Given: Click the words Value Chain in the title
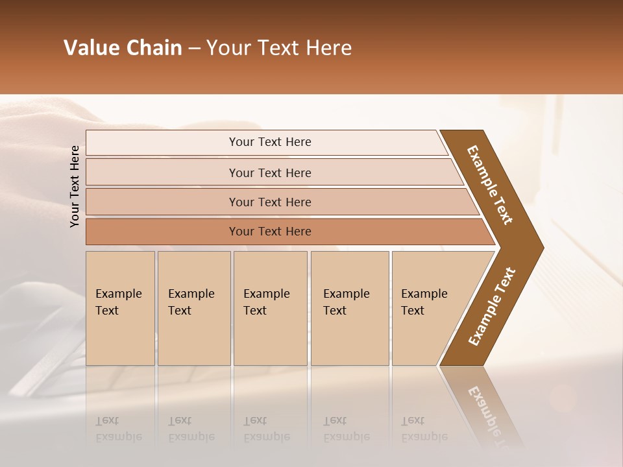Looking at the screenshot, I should click(123, 48).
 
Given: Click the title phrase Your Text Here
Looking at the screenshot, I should click(279, 48).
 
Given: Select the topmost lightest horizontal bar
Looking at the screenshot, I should click(162, 143).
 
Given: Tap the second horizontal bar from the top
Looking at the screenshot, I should click(162, 173).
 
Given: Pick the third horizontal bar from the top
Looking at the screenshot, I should click(162, 202).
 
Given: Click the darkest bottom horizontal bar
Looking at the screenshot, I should click(162, 232).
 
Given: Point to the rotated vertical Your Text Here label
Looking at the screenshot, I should click(75, 186).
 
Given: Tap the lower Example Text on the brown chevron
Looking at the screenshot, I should click(492, 307).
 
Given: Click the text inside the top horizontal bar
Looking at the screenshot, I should click(270, 142).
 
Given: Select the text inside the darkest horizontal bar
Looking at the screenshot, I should click(270, 232).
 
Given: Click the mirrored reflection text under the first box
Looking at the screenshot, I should click(119, 429).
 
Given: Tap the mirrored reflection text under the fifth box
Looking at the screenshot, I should click(424, 429).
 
